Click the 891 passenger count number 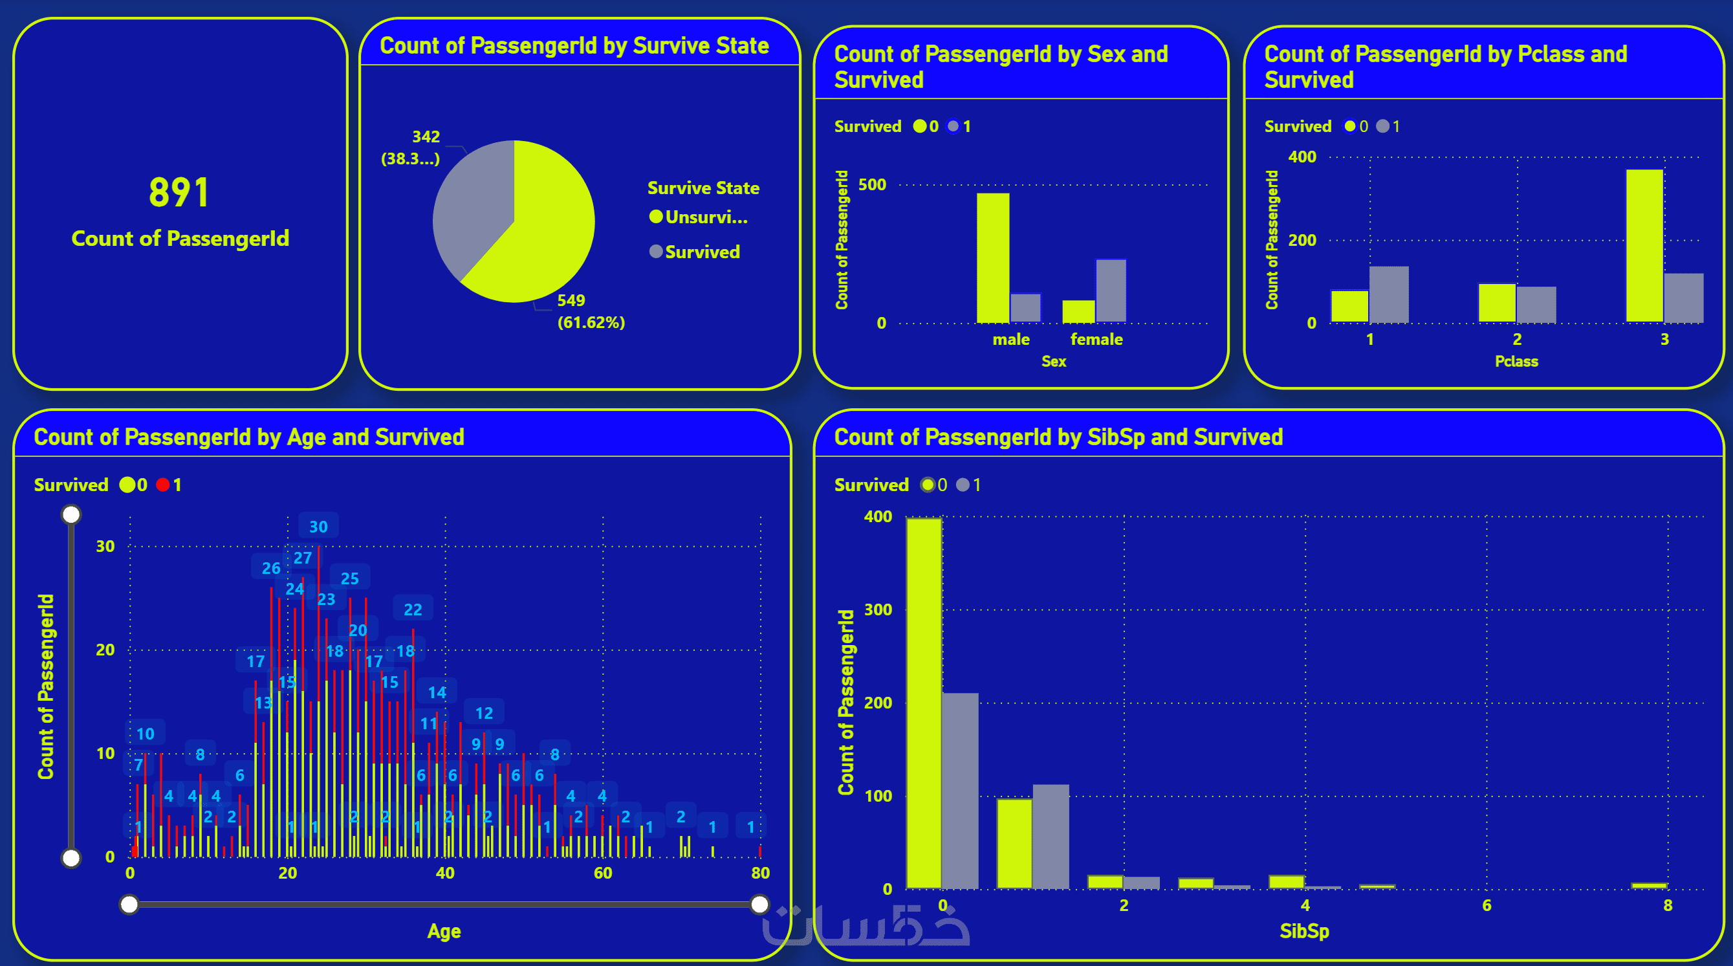pos(179,192)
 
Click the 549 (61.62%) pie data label pos(590,311)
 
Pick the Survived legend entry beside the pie pos(702,252)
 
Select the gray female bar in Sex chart pos(1111,291)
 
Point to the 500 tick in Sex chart pos(872,185)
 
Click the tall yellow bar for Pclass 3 pos(1644,245)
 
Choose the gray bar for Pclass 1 pos(1389,294)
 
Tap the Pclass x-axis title pos(1516,361)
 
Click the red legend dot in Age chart pos(163,485)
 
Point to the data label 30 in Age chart pos(318,527)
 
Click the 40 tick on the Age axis pos(444,873)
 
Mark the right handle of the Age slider pos(759,904)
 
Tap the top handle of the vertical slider pos(71,514)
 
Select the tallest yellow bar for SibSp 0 pos(924,703)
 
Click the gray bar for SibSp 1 pos(1050,836)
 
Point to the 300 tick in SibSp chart pos(877,609)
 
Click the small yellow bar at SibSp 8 pos(1649,885)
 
